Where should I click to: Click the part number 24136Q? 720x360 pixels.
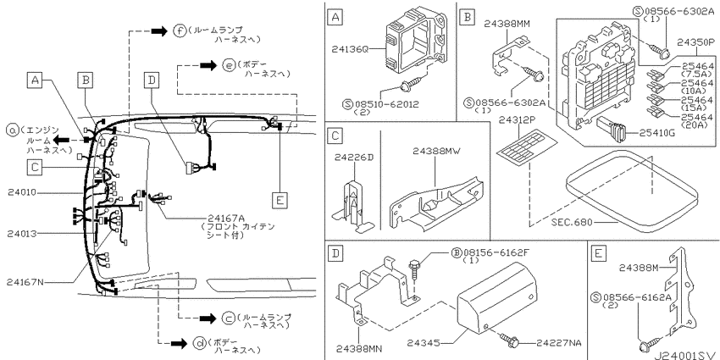(x=350, y=47)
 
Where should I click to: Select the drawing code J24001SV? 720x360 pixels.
(x=685, y=355)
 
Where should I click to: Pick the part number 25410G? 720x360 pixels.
(x=656, y=134)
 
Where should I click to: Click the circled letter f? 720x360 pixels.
(x=179, y=31)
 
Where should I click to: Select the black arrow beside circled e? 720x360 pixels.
(x=208, y=65)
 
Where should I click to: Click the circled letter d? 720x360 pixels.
(x=199, y=343)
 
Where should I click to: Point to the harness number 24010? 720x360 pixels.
(x=21, y=193)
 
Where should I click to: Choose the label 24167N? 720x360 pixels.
(x=25, y=282)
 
